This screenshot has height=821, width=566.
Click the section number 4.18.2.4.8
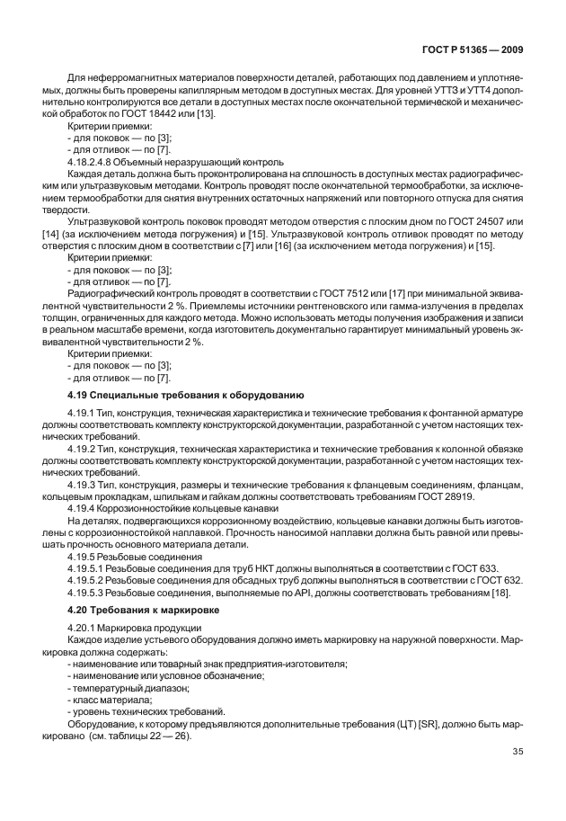tap(94, 163)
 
